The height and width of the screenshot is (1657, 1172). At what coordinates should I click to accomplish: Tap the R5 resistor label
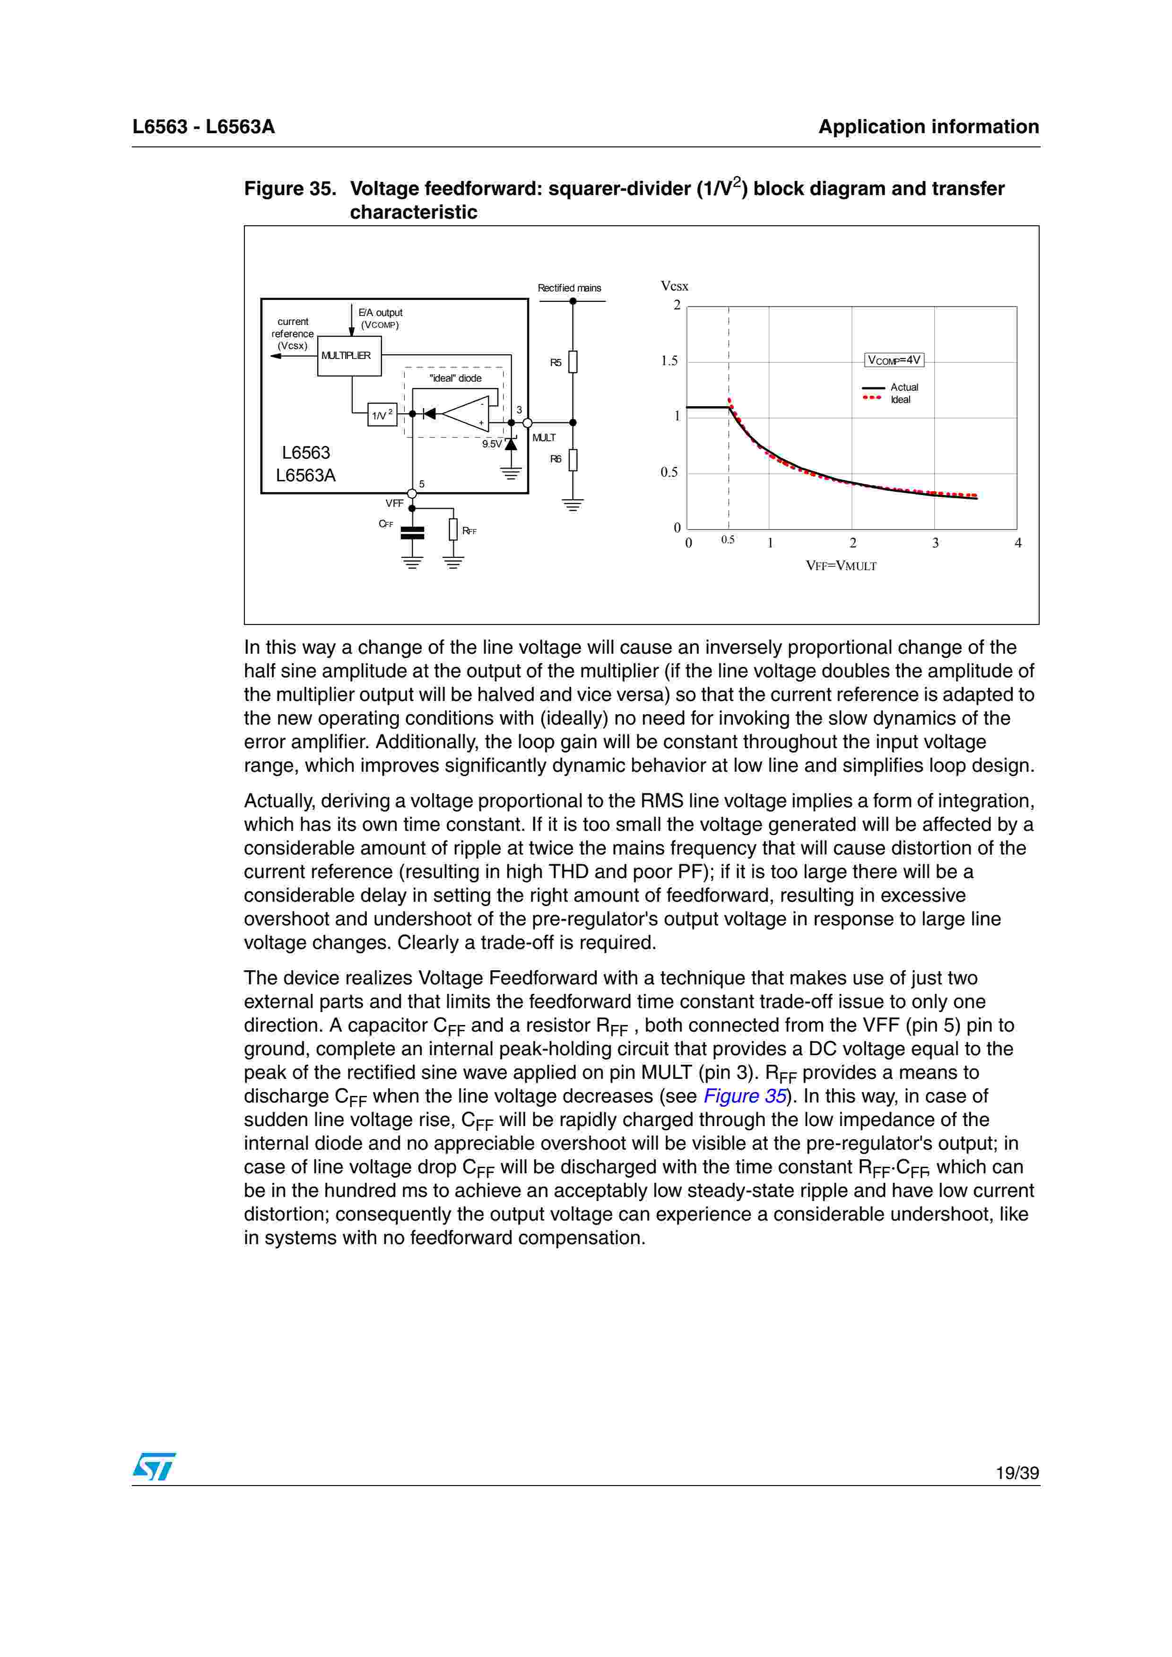coord(556,362)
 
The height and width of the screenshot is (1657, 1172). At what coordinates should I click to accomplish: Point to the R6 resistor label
coord(556,459)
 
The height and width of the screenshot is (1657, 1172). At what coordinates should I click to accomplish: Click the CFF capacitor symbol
coord(412,533)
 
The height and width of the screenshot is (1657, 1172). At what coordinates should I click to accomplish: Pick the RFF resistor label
coord(469,531)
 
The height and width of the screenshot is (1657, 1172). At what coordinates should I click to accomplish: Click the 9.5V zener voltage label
coord(491,444)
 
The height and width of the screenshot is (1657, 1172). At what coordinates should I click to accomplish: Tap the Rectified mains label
coord(569,288)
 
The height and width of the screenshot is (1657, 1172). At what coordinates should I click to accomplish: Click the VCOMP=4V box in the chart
coord(894,359)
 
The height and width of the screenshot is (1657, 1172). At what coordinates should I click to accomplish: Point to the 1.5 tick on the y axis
coord(669,361)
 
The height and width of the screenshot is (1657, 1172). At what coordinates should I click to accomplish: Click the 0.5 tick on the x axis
coord(728,540)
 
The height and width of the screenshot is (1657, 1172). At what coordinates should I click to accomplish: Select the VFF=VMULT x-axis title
coord(841,566)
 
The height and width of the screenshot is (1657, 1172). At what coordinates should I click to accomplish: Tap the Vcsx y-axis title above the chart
coord(675,287)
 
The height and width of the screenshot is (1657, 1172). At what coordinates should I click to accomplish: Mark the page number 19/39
coord(1017,1473)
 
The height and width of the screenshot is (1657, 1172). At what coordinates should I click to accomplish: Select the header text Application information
coord(928,127)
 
